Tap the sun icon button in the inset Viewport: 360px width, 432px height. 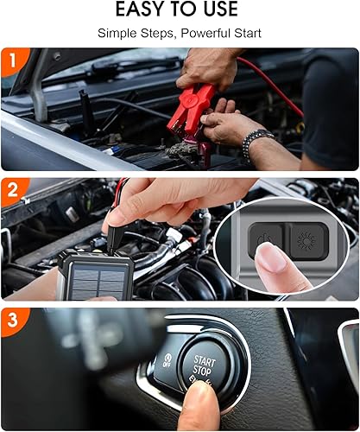tap(308, 238)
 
